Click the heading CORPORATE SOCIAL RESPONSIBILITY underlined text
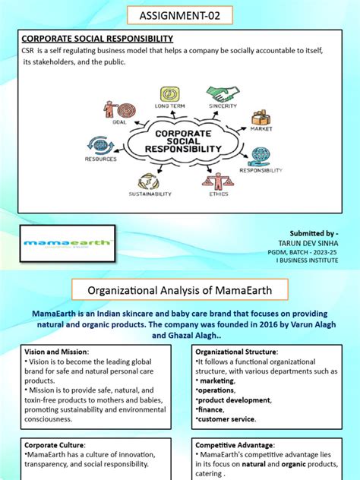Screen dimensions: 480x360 [x=97, y=38]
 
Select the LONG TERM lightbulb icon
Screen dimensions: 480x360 [x=169, y=95]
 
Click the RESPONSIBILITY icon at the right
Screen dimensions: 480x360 [x=260, y=156]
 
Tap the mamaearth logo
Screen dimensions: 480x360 [x=68, y=244]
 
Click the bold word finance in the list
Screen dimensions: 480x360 [x=212, y=409]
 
